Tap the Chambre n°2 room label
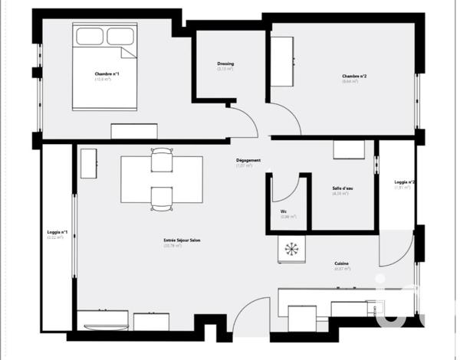353,76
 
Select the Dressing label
225,64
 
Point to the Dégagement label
248,160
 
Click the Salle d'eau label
342,188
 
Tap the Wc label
284,211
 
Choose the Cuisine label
341,263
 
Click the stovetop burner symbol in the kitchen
292,248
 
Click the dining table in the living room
162,179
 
